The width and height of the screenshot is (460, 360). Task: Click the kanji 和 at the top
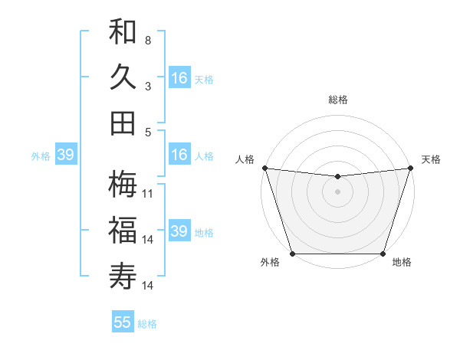(x=123, y=31)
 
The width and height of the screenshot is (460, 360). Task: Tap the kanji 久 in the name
(x=123, y=77)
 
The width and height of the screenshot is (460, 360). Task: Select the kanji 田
(x=123, y=123)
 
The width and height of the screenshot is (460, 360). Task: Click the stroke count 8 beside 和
(x=148, y=40)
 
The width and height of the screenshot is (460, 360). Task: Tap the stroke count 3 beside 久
(x=148, y=87)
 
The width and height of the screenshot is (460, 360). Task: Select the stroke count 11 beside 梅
(x=149, y=194)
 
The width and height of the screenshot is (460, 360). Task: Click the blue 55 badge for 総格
(x=123, y=322)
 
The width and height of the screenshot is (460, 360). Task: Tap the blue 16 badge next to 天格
(x=179, y=78)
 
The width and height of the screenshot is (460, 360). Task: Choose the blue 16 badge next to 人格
(x=179, y=155)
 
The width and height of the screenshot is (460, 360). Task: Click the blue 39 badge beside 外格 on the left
(x=65, y=155)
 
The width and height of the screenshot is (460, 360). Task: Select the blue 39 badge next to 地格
(x=179, y=231)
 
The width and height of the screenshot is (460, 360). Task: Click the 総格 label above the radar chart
(x=337, y=100)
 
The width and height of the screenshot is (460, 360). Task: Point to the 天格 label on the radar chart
(x=431, y=159)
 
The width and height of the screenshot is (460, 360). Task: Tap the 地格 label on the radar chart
(x=402, y=263)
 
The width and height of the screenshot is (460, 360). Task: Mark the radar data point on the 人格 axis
(x=264, y=168)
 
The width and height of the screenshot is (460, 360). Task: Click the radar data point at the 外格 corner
(x=293, y=254)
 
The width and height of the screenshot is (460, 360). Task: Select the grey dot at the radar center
(x=337, y=191)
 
